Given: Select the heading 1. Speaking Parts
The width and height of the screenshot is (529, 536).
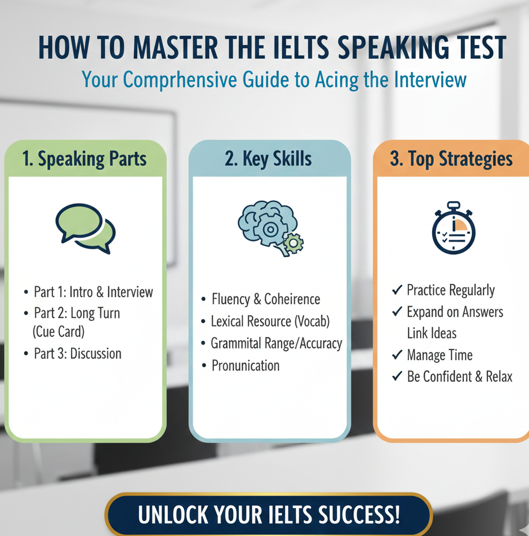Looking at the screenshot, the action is click(84, 159).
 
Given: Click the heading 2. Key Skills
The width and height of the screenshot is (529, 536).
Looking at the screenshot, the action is click(268, 159).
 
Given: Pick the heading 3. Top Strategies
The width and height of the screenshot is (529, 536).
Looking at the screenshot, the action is click(452, 159).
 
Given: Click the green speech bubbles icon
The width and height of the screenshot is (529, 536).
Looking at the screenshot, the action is click(85, 228).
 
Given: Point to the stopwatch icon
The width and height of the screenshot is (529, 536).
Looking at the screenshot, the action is click(453, 228).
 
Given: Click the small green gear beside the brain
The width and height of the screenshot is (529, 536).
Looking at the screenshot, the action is click(294, 243).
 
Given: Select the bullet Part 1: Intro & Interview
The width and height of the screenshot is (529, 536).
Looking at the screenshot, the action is click(93, 293).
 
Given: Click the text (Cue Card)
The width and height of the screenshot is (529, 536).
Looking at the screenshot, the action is click(58, 332).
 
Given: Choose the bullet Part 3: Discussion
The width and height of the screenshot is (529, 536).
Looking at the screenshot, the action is click(77, 354).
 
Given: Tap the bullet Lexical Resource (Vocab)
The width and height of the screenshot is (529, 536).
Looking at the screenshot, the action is click(271, 321).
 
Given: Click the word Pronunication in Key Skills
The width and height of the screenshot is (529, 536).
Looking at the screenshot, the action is click(245, 366).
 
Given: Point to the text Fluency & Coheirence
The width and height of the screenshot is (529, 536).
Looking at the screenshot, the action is click(266, 299).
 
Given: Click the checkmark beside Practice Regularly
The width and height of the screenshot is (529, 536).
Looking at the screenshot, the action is click(397, 290).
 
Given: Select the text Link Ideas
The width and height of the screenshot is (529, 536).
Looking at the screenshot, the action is click(432, 333).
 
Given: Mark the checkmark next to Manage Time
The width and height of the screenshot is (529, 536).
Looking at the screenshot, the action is click(397, 355).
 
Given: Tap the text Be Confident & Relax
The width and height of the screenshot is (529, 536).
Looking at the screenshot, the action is click(460, 377).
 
